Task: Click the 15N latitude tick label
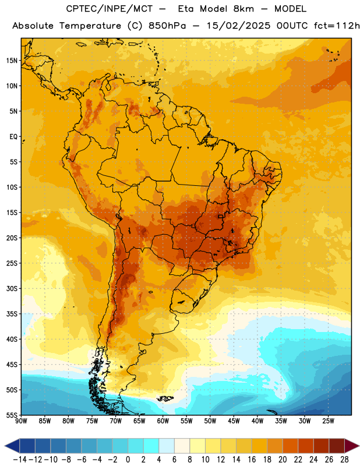(12, 61)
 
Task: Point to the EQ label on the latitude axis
(13, 137)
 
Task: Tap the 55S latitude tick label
(12, 415)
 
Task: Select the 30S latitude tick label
(12, 288)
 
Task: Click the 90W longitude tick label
(21, 421)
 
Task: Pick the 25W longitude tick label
(328, 421)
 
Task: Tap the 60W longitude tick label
(163, 421)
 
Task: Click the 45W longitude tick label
(234, 421)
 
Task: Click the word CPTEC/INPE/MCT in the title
(110, 9)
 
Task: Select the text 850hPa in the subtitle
(167, 26)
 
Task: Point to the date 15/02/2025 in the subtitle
(239, 26)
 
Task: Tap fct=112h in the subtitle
(337, 26)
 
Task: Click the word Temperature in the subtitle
(90, 26)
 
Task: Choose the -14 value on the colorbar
(20, 460)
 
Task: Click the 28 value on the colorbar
(344, 460)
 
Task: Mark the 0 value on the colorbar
(128, 460)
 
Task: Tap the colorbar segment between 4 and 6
(167, 446)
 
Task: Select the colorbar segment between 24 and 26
(321, 446)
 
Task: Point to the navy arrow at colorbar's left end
(12, 446)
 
